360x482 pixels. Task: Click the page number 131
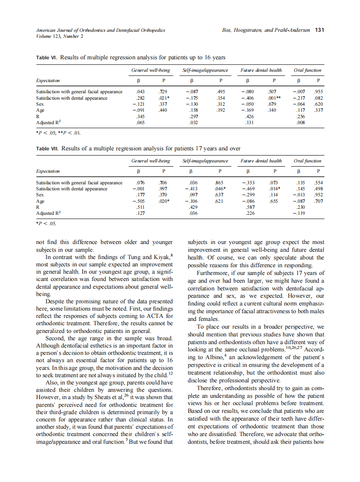[x=319, y=30]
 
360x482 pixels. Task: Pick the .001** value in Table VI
[x=275, y=98]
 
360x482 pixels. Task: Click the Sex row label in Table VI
[x=40, y=104]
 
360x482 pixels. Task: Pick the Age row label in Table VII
[x=40, y=201]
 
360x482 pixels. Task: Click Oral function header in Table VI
[x=307, y=70]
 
